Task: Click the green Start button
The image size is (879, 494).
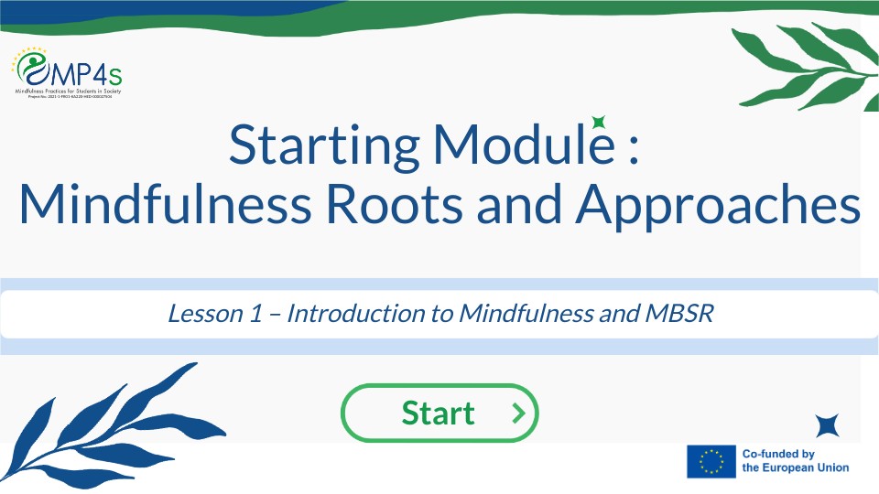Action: tap(439, 413)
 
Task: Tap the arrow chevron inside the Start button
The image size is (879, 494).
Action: tap(519, 413)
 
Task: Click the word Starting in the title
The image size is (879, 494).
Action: tap(324, 145)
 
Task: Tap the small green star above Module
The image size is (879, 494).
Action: tap(599, 122)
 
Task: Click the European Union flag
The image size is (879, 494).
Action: tap(711, 461)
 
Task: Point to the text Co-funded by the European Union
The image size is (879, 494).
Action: tap(795, 461)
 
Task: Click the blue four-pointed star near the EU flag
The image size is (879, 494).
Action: tap(828, 425)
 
